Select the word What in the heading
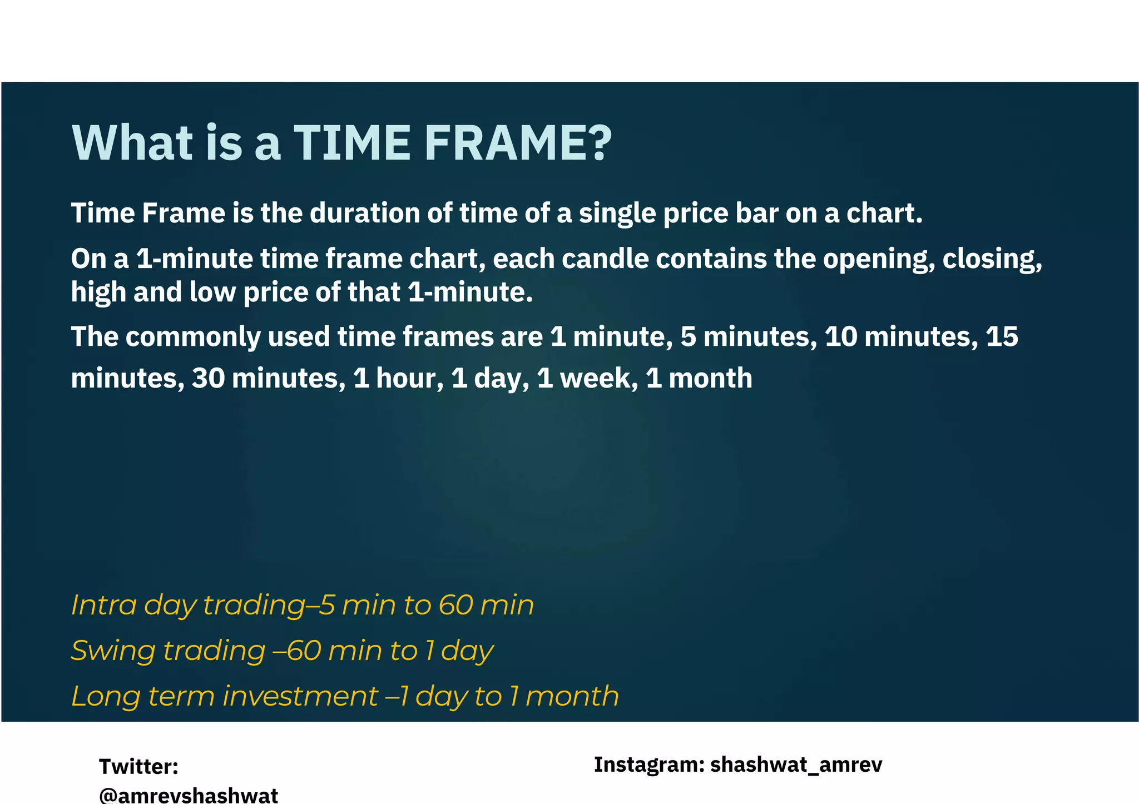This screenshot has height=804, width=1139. point(132,143)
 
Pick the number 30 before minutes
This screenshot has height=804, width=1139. point(208,378)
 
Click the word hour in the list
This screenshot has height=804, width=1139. point(410,378)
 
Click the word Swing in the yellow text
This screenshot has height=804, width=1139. point(113,651)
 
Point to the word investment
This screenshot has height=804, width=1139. point(300,696)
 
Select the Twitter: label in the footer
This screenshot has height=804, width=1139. point(138,767)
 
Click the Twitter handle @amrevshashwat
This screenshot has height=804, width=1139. point(189,795)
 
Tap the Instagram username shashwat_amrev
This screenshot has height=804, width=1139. point(796,765)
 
